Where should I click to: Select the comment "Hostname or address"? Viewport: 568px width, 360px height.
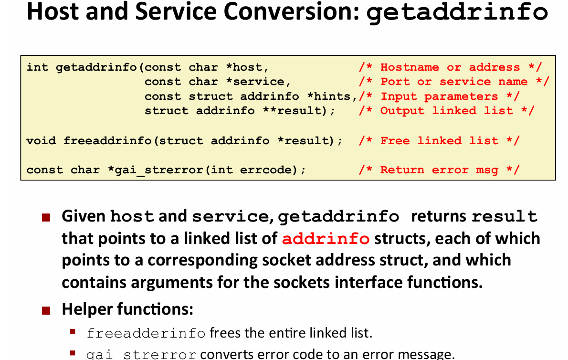coord(450,67)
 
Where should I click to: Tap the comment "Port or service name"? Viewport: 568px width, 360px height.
coord(454,82)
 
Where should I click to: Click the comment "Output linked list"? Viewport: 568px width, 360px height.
coord(446,111)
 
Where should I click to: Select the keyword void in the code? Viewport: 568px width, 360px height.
coord(41,140)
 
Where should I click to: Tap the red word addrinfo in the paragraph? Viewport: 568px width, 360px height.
coord(326,238)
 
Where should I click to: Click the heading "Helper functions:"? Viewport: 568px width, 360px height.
coord(127,309)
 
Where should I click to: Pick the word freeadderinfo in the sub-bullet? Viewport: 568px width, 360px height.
coord(146,333)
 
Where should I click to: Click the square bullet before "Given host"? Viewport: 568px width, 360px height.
coord(46,218)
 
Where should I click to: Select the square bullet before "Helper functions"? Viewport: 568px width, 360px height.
coord(46,311)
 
